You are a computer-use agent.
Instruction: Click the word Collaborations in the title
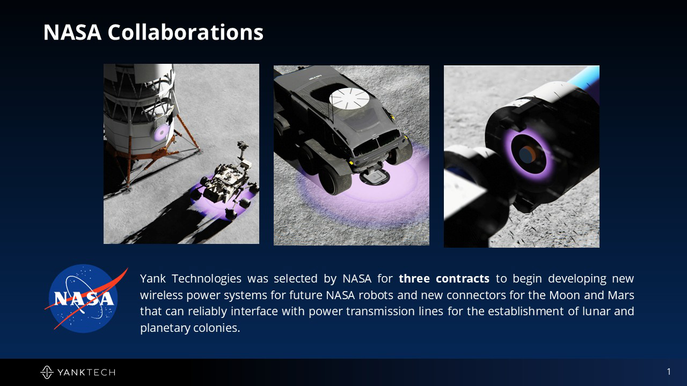(x=185, y=32)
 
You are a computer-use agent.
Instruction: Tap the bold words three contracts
(x=444, y=278)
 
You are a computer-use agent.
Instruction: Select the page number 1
(x=669, y=372)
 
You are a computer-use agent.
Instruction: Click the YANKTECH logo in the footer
(x=78, y=372)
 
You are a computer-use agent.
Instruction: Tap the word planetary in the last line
(x=165, y=328)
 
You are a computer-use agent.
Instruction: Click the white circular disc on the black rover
(x=349, y=98)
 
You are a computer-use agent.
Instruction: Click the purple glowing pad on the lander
(x=160, y=132)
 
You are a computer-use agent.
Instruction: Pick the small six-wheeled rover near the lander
(x=228, y=180)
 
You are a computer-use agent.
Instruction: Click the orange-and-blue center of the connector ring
(x=528, y=155)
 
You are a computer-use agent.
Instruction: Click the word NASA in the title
(x=72, y=32)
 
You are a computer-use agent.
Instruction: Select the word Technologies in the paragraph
(x=207, y=279)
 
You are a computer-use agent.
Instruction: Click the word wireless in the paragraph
(x=162, y=295)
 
